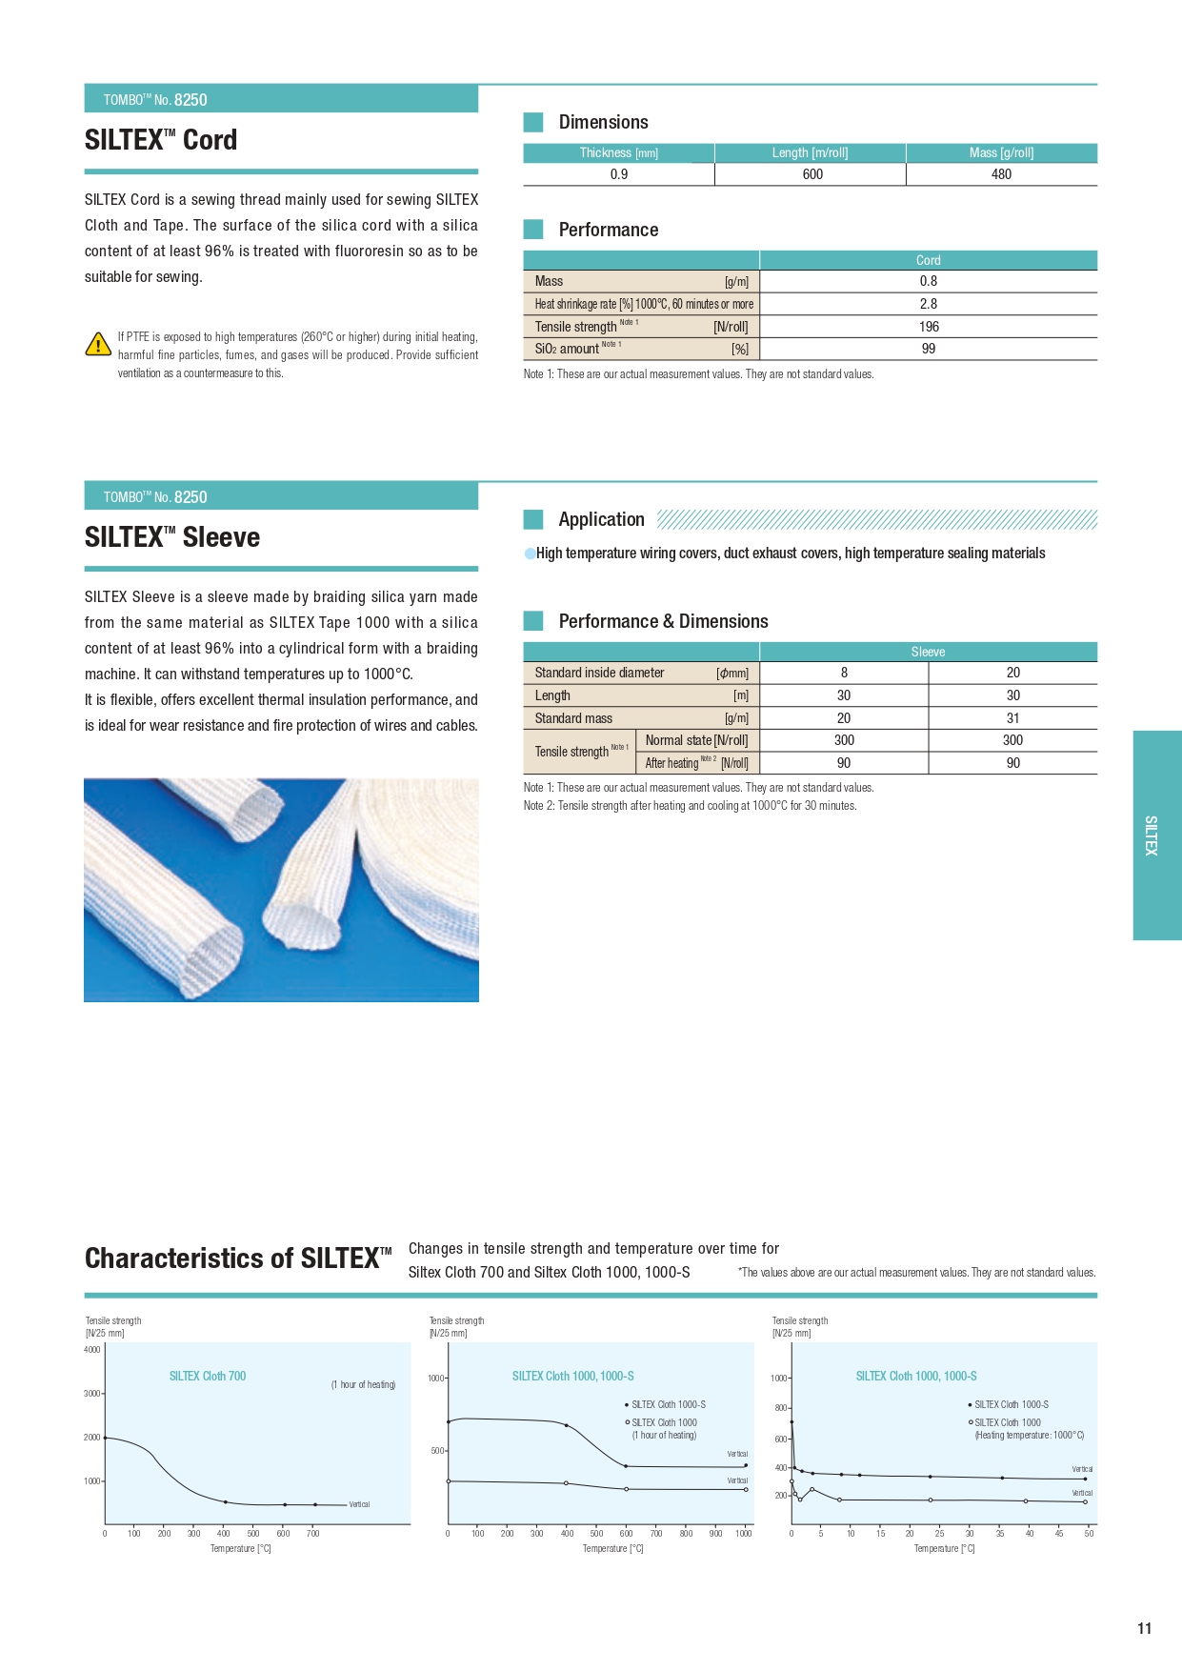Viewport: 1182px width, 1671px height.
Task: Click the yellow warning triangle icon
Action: click(x=98, y=344)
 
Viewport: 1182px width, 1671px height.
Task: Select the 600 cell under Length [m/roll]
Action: click(x=812, y=174)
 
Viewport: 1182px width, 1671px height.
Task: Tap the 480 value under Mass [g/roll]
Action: click(x=1001, y=174)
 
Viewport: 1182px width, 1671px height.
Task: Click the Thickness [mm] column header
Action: click(x=618, y=153)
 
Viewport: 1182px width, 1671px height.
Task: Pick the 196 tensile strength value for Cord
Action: click(x=929, y=327)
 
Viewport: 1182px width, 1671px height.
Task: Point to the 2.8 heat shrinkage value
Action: click(x=929, y=304)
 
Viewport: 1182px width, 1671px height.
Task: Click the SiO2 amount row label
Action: click(x=567, y=349)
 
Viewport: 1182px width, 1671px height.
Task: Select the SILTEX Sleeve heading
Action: click(x=172, y=537)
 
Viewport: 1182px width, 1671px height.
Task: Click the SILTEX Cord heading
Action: click(x=161, y=140)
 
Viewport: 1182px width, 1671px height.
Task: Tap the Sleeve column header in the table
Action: click(x=928, y=652)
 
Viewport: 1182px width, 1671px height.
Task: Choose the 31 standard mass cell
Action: click(x=1012, y=718)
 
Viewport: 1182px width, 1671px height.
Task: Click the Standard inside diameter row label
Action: click(x=599, y=673)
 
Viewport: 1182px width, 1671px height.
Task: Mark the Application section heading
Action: click(x=601, y=519)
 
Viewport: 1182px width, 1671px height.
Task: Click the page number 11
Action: click(x=1144, y=1628)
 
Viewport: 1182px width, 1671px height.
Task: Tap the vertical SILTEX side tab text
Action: click(x=1152, y=835)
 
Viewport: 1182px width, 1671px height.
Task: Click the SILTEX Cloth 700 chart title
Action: click(x=208, y=1376)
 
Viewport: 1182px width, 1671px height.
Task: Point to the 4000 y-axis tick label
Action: click(x=92, y=1349)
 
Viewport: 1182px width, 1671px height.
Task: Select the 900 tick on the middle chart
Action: click(x=715, y=1533)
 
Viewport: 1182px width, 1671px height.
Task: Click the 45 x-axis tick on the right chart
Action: click(x=1058, y=1533)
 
